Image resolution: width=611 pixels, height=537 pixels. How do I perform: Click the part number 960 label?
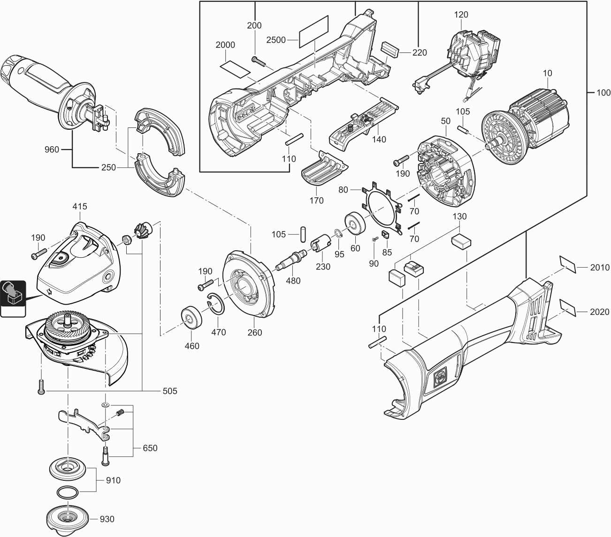coord(52,150)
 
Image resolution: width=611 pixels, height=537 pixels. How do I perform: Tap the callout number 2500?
coord(276,40)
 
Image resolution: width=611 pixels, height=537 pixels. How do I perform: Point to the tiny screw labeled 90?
coord(374,240)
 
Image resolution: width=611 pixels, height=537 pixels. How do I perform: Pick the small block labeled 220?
coord(390,48)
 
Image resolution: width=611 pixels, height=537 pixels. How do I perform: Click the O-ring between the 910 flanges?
coord(68,492)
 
